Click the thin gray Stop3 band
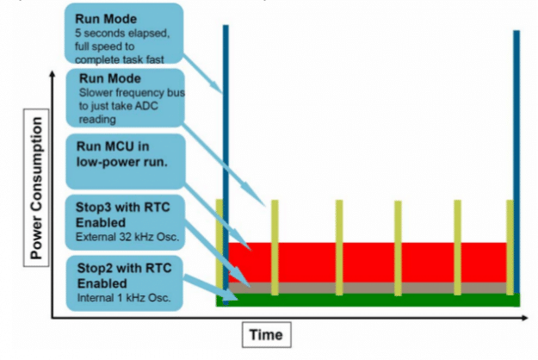[x=370, y=287]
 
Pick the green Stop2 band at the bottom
[x=370, y=300]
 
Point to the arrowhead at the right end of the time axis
[x=528, y=316]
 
